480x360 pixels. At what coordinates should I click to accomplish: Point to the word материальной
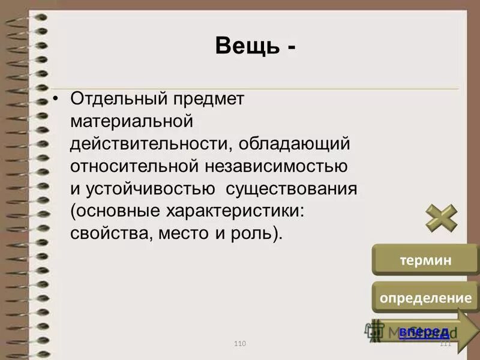[131, 121]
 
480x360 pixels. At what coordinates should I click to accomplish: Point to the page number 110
[240, 343]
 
